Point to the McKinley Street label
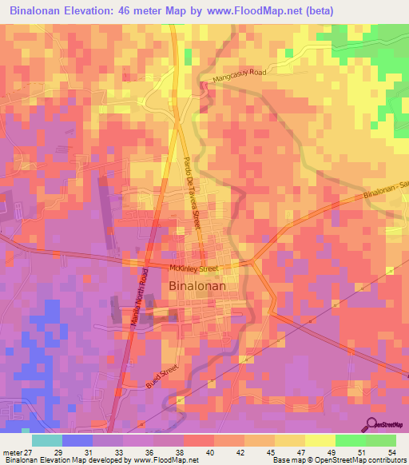point(193,268)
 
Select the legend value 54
point(391,451)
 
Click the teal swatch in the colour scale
point(47,440)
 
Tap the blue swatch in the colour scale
point(77,440)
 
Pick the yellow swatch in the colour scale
point(320,440)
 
